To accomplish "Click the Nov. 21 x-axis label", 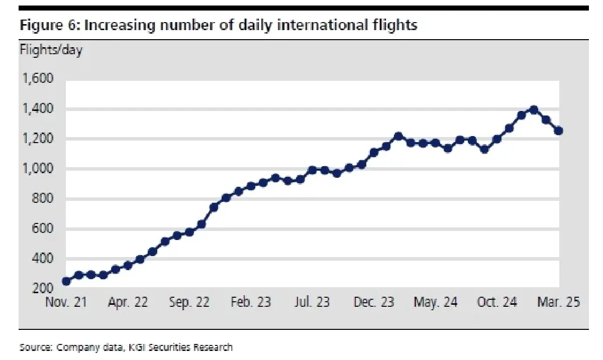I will (66, 302).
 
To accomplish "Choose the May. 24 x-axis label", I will (435, 302).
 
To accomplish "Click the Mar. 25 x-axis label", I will (559, 302).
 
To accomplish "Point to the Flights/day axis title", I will (51, 50).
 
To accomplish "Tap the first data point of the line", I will (66, 281).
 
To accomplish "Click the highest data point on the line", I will (534, 110).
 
